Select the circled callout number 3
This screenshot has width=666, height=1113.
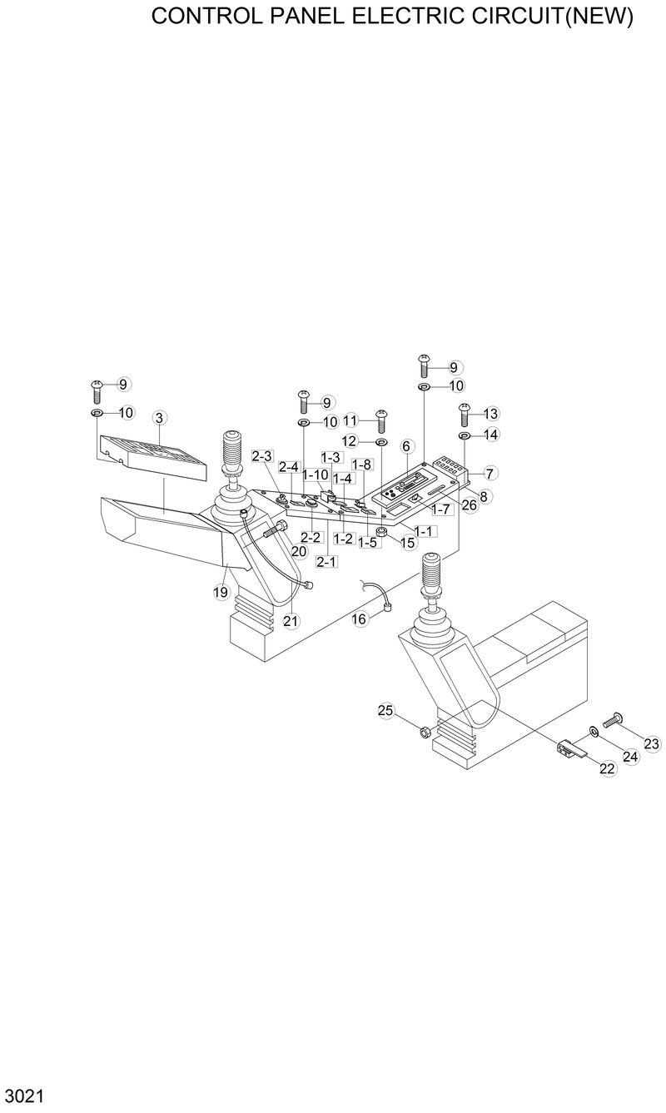coord(159,416)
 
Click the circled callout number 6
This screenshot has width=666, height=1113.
coord(407,446)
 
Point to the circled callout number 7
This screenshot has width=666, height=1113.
coord(490,473)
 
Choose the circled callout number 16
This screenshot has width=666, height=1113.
coord(359,619)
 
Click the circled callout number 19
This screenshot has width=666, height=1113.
coord(220,592)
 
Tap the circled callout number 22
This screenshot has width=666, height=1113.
coord(607,769)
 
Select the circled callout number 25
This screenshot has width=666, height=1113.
coord(385,710)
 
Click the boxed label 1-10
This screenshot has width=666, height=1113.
coord(316,474)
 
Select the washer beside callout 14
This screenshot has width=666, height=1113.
coord(465,435)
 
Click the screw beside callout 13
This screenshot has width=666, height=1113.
coord(465,412)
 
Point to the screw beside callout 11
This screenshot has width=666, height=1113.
coord(382,418)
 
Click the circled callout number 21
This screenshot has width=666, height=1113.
coord(291,619)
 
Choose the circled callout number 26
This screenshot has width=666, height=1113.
coord(469,504)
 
